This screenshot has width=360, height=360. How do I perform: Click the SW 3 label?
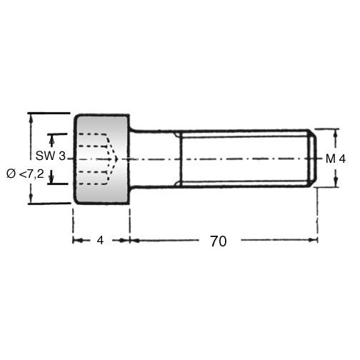click(x=51, y=156)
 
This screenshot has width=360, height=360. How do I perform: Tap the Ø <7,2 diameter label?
click(x=25, y=174)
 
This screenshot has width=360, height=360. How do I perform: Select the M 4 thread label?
click(x=336, y=159)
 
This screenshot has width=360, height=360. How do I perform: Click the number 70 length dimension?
click(x=219, y=241)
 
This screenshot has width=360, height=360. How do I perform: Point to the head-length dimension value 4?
click(x=100, y=241)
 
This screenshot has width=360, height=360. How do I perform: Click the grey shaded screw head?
click(x=101, y=159)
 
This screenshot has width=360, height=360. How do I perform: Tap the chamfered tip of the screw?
click(x=314, y=159)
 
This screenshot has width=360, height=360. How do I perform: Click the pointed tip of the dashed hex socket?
click(x=117, y=159)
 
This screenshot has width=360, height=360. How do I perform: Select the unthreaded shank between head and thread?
click(x=155, y=159)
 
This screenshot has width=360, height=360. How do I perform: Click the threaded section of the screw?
click(x=246, y=159)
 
